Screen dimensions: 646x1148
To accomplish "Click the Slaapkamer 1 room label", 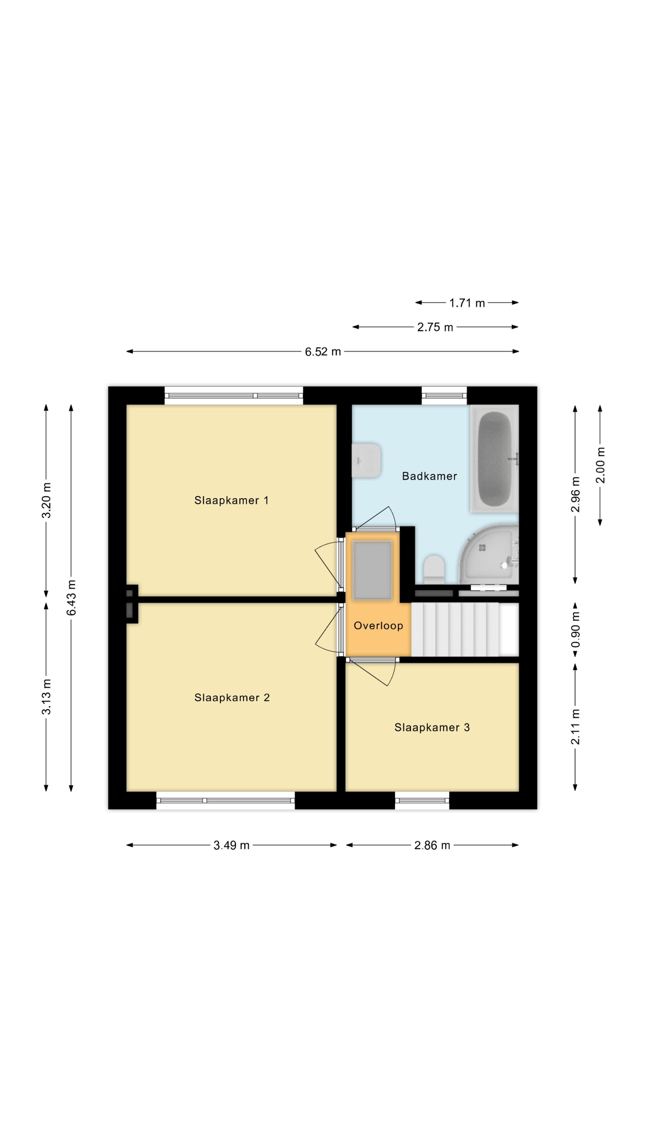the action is coord(231,500).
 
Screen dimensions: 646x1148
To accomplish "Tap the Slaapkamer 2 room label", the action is coord(232,697).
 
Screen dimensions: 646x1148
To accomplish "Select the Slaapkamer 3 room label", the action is coord(432,727).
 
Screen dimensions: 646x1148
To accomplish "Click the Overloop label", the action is coord(378,626).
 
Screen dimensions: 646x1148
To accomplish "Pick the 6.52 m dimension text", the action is coord(323,352).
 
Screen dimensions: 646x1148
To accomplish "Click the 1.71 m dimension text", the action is coord(467,303).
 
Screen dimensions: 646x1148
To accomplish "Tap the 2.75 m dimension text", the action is coord(435,327).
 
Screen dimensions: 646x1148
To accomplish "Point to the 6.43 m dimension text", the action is coord(71,598).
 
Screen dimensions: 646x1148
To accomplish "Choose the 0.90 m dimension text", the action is coord(575,630).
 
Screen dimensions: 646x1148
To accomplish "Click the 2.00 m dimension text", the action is coord(601,465).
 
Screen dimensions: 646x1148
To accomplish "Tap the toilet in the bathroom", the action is coord(434,569).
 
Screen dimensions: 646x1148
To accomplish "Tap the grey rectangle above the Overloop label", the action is coord(373,570).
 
